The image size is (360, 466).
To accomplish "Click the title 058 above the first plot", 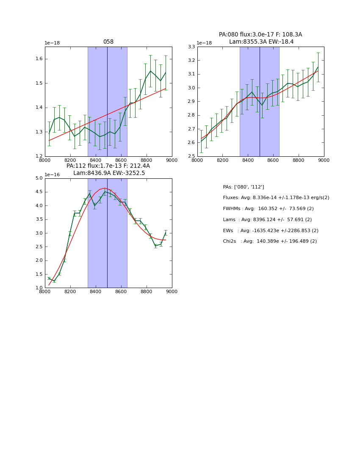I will coord(108,42).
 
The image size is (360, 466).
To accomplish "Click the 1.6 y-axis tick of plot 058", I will coord(39,59).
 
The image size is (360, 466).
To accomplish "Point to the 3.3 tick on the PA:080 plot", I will coord(191,47).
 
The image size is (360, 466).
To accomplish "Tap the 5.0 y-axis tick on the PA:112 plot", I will coord(39,178).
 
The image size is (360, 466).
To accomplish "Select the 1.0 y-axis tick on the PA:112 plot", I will coord(39,288).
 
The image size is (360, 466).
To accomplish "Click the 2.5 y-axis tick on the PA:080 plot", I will coord(191,156).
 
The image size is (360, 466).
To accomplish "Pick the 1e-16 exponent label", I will coord(53,175).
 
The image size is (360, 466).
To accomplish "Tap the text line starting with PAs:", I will coord(243,187).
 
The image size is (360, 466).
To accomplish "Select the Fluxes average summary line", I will coord(276,198).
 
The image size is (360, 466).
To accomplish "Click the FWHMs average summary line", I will coord(268,208).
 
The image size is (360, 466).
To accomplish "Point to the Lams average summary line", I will coord(267,219).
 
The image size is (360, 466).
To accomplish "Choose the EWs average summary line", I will coord(271,230).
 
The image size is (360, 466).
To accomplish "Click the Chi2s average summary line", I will coord(270,241).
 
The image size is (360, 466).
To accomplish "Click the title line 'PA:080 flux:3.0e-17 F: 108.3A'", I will coord(260,35).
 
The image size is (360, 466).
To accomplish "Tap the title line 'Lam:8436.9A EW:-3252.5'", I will coord(109,173).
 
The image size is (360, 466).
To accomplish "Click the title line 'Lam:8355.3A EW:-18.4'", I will coord(261,42).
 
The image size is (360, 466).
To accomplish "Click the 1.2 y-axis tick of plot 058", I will coord(39,156).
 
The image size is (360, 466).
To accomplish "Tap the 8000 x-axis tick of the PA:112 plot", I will coord(45,292).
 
